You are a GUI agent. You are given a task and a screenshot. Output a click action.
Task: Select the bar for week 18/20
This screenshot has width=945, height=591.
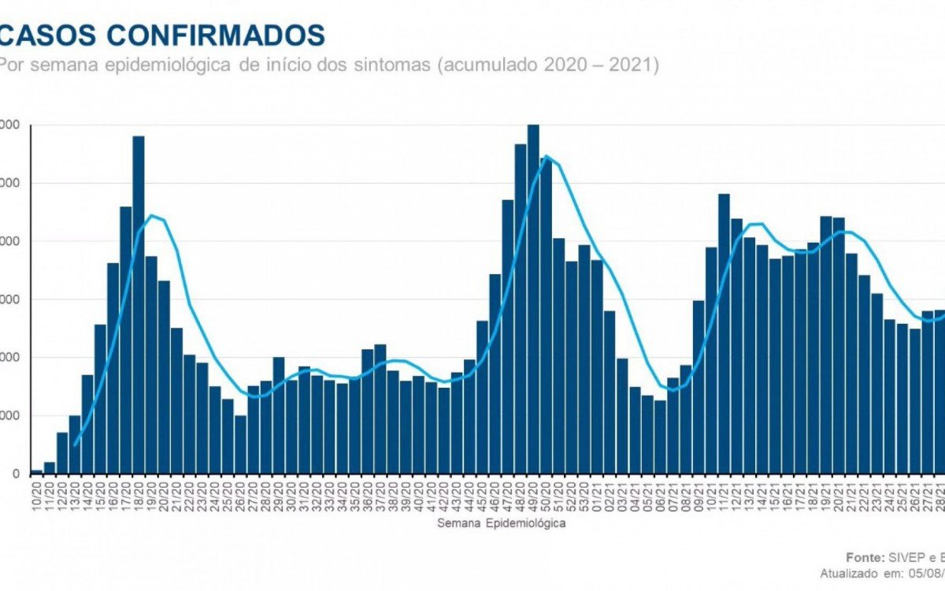139,307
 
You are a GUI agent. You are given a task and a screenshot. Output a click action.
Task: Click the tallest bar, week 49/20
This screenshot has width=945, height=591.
533,299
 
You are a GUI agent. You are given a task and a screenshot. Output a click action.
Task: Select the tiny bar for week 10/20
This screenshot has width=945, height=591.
36,472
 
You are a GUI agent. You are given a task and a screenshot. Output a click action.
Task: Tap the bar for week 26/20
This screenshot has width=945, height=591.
240,445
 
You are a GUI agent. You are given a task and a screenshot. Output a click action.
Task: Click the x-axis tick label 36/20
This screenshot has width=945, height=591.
368,495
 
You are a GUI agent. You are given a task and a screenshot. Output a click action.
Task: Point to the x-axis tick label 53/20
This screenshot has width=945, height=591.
584,495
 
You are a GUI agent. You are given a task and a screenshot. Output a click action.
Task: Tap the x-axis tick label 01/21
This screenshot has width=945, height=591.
597,495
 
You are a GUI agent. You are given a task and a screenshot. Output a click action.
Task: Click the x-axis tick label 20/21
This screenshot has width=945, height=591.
839,495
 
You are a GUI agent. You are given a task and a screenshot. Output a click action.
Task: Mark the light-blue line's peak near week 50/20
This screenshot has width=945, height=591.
547,155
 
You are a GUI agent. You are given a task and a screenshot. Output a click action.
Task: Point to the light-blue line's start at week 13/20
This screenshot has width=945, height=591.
75,445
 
